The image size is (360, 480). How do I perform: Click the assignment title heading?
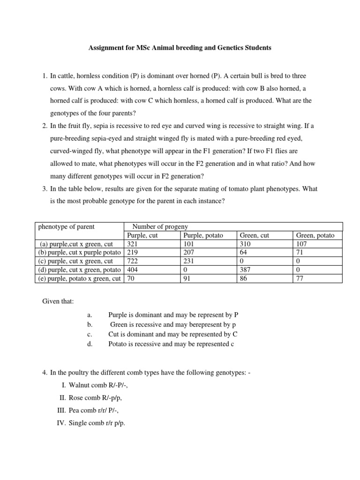pos(180,48)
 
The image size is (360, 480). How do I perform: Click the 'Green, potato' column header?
pos(315,235)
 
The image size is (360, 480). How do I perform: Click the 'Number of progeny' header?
pos(160,227)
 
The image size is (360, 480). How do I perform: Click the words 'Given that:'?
pos(58,301)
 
